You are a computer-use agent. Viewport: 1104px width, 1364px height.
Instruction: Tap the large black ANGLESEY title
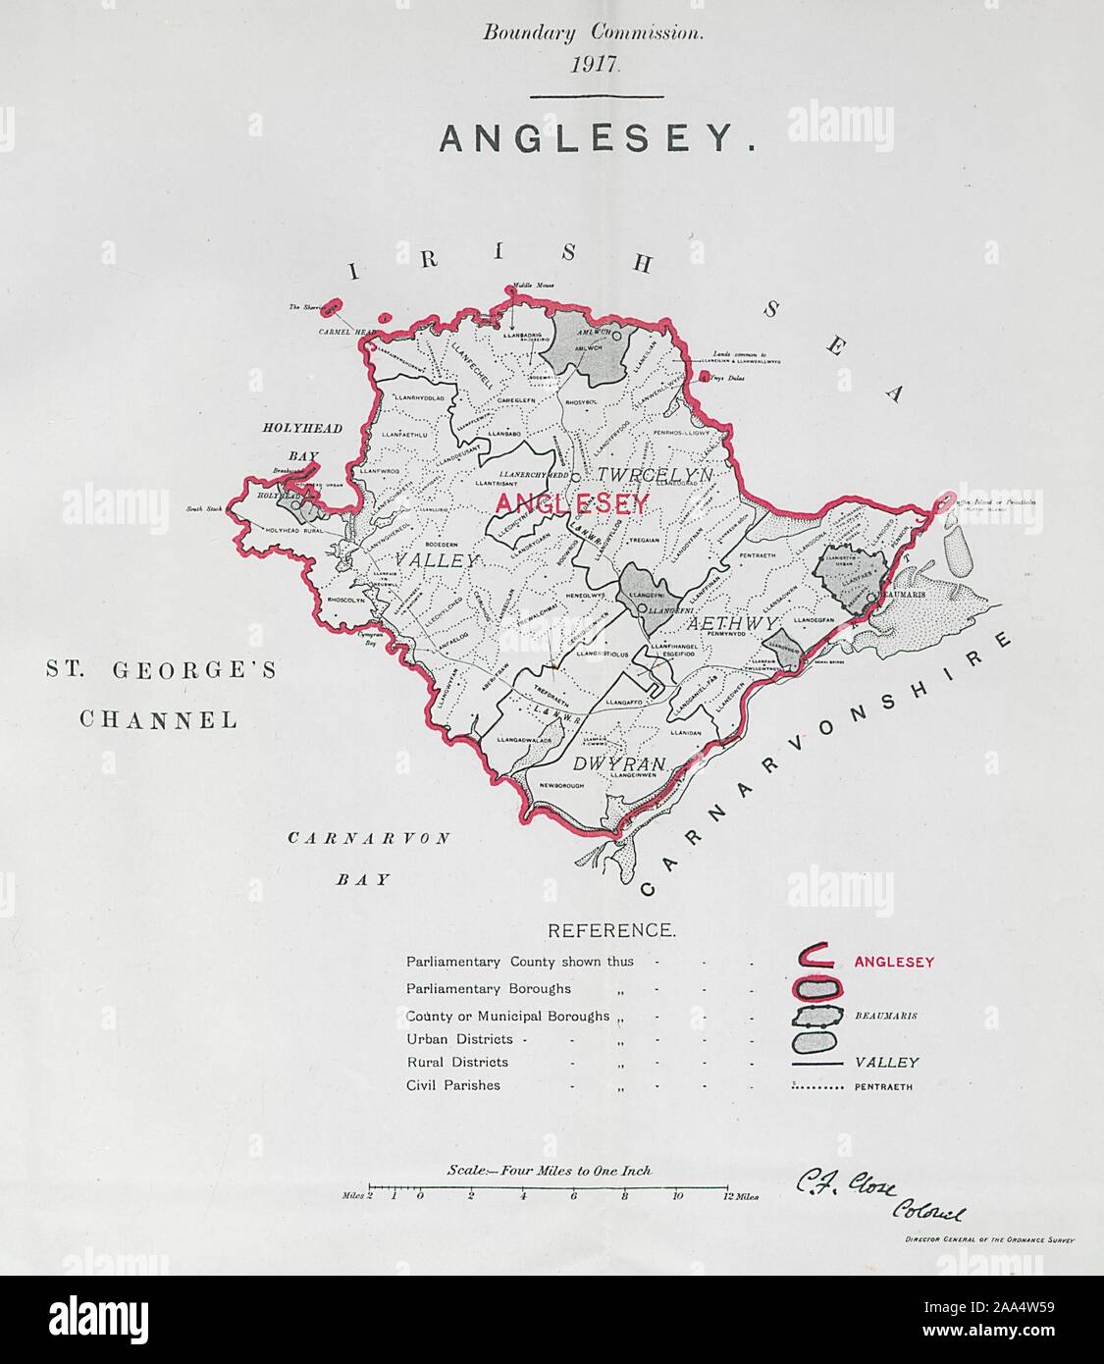tap(597, 139)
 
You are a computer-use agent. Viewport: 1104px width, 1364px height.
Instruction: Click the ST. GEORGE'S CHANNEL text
tap(160, 695)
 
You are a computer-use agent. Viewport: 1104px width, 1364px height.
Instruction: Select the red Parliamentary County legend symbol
tap(818, 961)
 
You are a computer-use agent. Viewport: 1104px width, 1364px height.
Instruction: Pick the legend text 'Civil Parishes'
tap(452, 1085)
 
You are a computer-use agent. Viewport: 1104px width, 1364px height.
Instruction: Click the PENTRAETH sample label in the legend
tap(883, 1087)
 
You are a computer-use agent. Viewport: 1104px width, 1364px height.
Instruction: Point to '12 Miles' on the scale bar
tap(737, 1196)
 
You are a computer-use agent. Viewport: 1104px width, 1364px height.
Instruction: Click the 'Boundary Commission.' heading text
tap(593, 32)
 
